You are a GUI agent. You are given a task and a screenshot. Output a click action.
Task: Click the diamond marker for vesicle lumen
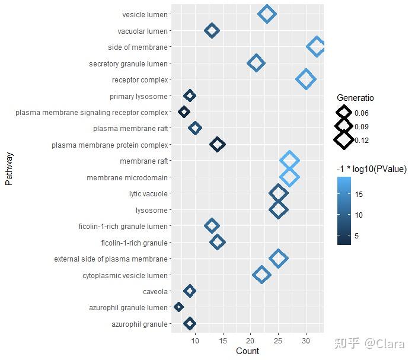coord(267,14)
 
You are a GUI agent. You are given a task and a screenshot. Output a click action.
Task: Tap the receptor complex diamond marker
coord(306,79)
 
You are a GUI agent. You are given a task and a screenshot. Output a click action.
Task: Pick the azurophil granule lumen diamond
coord(178,307)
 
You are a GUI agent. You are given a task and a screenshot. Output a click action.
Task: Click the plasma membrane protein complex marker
coord(218,144)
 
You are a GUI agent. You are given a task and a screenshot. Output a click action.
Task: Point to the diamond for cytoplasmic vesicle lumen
coord(261,275)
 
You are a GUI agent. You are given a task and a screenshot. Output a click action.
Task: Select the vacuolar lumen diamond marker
coord(212,30)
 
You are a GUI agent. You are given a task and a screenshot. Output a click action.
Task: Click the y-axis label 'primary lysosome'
coord(139,96)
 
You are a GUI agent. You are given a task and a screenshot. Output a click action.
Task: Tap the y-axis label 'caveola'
coord(155,291)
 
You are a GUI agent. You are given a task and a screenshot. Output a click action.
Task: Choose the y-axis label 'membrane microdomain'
coord(127,177)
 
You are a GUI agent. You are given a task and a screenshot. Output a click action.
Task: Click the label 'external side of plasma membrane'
coord(111,259)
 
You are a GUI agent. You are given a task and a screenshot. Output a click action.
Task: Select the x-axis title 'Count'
coord(247,351)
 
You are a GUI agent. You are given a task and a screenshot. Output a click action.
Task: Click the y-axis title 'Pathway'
coord(9,168)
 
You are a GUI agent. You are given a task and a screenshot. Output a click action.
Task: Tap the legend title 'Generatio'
coord(355,98)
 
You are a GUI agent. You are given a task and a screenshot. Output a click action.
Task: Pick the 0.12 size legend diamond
coord(343,140)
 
